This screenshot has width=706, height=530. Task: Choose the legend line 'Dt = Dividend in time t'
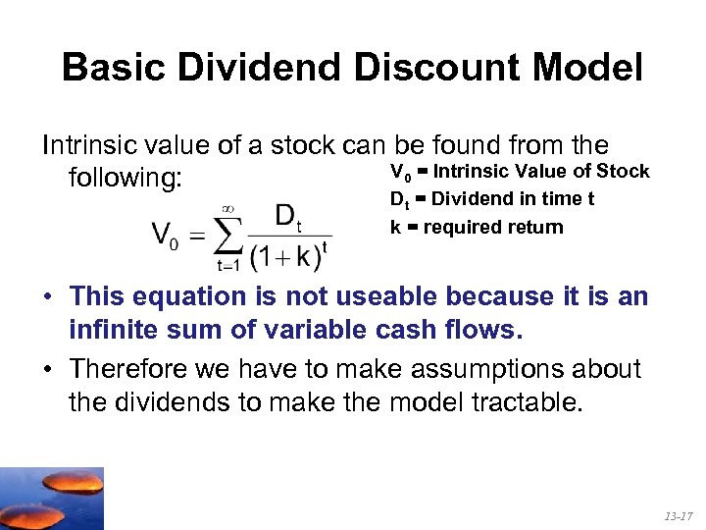click(492, 199)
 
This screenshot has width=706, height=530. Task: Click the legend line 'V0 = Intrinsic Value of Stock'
click(520, 172)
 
